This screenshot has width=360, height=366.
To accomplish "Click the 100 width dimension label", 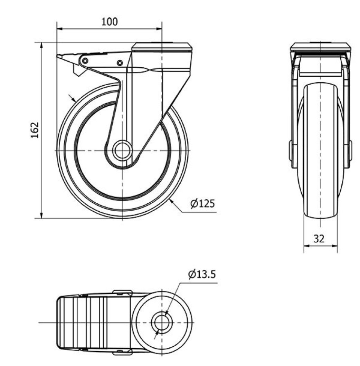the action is coord(109,22).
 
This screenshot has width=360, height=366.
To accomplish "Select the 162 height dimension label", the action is coord(35,130).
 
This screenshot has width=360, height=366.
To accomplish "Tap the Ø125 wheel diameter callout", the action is coord(202,203).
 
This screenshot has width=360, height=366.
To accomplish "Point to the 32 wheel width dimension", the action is coord(319,239).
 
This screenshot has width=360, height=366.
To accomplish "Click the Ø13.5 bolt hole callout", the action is coord(202,274).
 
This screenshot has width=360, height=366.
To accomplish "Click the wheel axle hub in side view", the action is coord(121,151).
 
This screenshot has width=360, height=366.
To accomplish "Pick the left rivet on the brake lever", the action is coord(85,61).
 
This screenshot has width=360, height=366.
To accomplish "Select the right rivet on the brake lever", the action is coord(120,63).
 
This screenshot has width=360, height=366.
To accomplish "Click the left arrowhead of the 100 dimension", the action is coord(60,29).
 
